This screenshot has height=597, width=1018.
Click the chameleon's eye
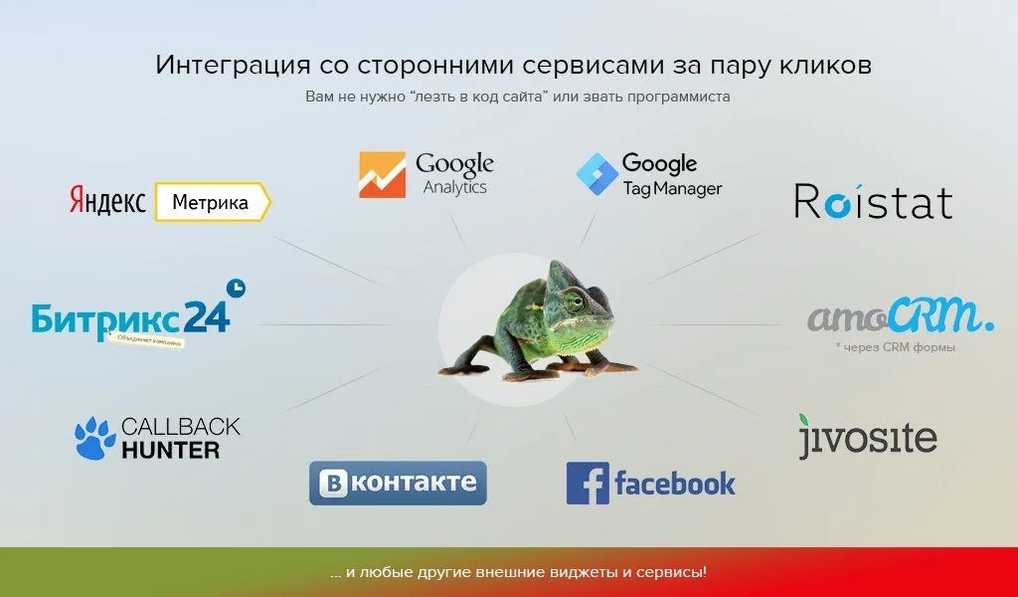(575, 299)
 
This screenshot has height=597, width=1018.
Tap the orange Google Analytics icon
(382, 175)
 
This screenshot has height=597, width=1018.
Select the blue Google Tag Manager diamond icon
(596, 173)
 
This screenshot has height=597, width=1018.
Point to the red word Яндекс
(107, 202)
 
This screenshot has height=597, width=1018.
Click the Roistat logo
(873, 201)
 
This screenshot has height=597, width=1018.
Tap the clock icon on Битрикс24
(236, 289)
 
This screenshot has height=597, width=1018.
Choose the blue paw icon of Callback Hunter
(94, 439)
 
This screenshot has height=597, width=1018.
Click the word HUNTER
(170, 451)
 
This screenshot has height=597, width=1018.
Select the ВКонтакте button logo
(398, 483)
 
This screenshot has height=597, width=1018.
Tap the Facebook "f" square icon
(587, 484)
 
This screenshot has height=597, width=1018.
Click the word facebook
(675, 485)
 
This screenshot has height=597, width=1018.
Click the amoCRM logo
(900, 316)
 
